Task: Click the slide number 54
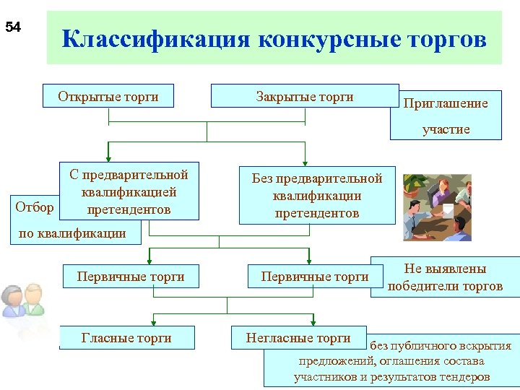coord(13,28)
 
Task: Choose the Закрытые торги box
coord(304,96)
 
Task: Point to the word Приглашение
coord(445,103)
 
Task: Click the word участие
coord(446,129)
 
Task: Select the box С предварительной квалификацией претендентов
coord(129,192)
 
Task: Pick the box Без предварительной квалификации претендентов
coord(316,196)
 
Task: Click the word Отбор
coord(35,207)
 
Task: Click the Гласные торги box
coord(126,338)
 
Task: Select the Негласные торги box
coord(298,338)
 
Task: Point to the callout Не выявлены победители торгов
coord(445,277)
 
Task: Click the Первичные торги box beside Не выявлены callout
coord(314,277)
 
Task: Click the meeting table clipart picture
coord(437,207)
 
